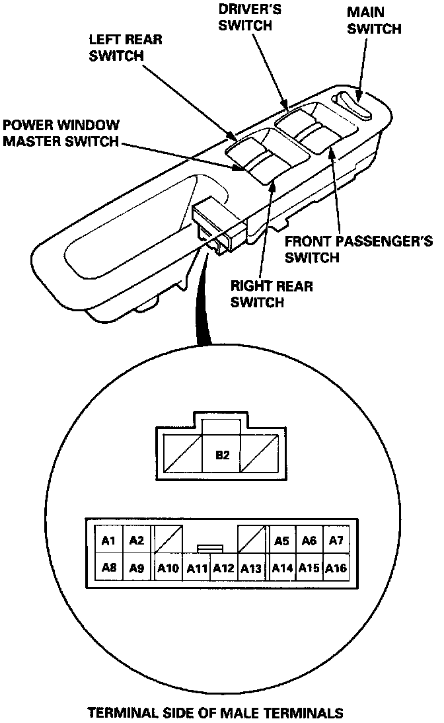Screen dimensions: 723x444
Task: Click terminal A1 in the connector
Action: click(x=110, y=541)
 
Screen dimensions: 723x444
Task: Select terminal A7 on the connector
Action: click(x=336, y=541)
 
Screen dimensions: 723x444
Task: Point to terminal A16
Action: click(x=336, y=568)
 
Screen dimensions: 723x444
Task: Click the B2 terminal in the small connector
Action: click(x=223, y=455)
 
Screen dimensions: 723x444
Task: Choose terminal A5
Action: click(x=281, y=541)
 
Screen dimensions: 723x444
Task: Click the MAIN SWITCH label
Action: click(x=374, y=21)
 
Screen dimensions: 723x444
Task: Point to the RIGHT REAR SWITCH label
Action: click(x=272, y=294)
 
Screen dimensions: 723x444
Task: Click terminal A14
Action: click(x=281, y=568)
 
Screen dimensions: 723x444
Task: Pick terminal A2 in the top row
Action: click(x=137, y=541)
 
